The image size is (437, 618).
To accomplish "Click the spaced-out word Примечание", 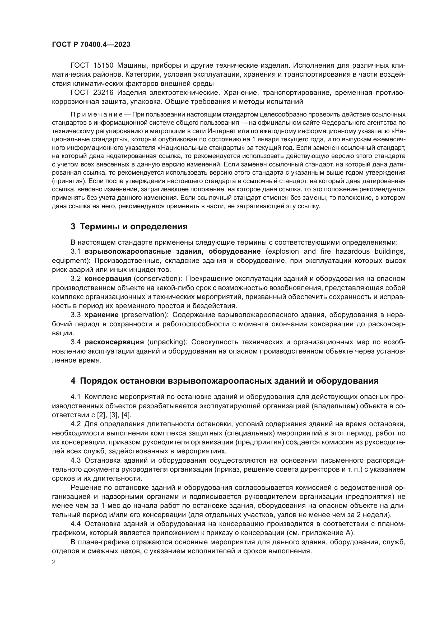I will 97,115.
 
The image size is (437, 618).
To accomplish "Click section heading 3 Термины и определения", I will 129,227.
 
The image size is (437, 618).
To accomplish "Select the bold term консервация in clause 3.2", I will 108,278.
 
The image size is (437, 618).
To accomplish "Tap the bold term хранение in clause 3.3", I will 101,315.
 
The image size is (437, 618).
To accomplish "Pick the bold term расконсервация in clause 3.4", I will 114,342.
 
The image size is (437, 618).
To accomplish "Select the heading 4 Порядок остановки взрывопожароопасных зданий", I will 224,381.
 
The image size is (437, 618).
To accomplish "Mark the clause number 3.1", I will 76,251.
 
